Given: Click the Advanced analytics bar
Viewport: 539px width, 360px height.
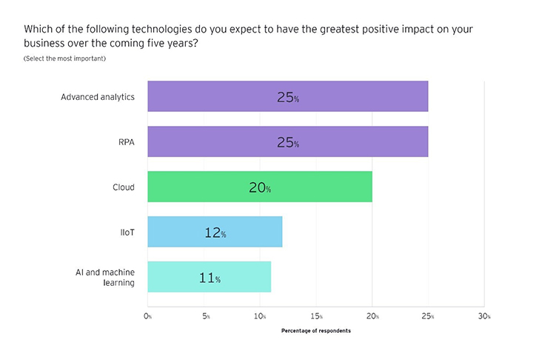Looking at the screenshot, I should coord(287,96).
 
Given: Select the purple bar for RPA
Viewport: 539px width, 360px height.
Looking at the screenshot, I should coord(287,141).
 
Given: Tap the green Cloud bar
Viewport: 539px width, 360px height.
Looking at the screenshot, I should coord(259,187).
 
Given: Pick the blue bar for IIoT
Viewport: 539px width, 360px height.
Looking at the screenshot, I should coord(215,232).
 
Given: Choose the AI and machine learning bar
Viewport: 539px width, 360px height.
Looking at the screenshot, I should coord(209,277).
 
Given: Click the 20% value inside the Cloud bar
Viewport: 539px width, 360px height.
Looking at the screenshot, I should coord(260,188).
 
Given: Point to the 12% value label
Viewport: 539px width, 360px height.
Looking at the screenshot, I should coord(215,233).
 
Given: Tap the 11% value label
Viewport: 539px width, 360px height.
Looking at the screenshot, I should coord(210,279).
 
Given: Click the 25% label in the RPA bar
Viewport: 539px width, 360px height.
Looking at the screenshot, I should coord(288,143).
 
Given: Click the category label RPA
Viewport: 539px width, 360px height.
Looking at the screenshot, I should coord(126,142).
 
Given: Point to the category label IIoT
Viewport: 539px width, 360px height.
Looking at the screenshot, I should coord(127,232).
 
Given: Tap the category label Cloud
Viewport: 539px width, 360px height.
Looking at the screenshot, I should coord(123,187).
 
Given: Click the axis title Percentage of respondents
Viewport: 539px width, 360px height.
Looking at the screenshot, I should coord(315,330).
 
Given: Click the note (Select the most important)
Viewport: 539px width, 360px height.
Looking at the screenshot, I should coord(64,59).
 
